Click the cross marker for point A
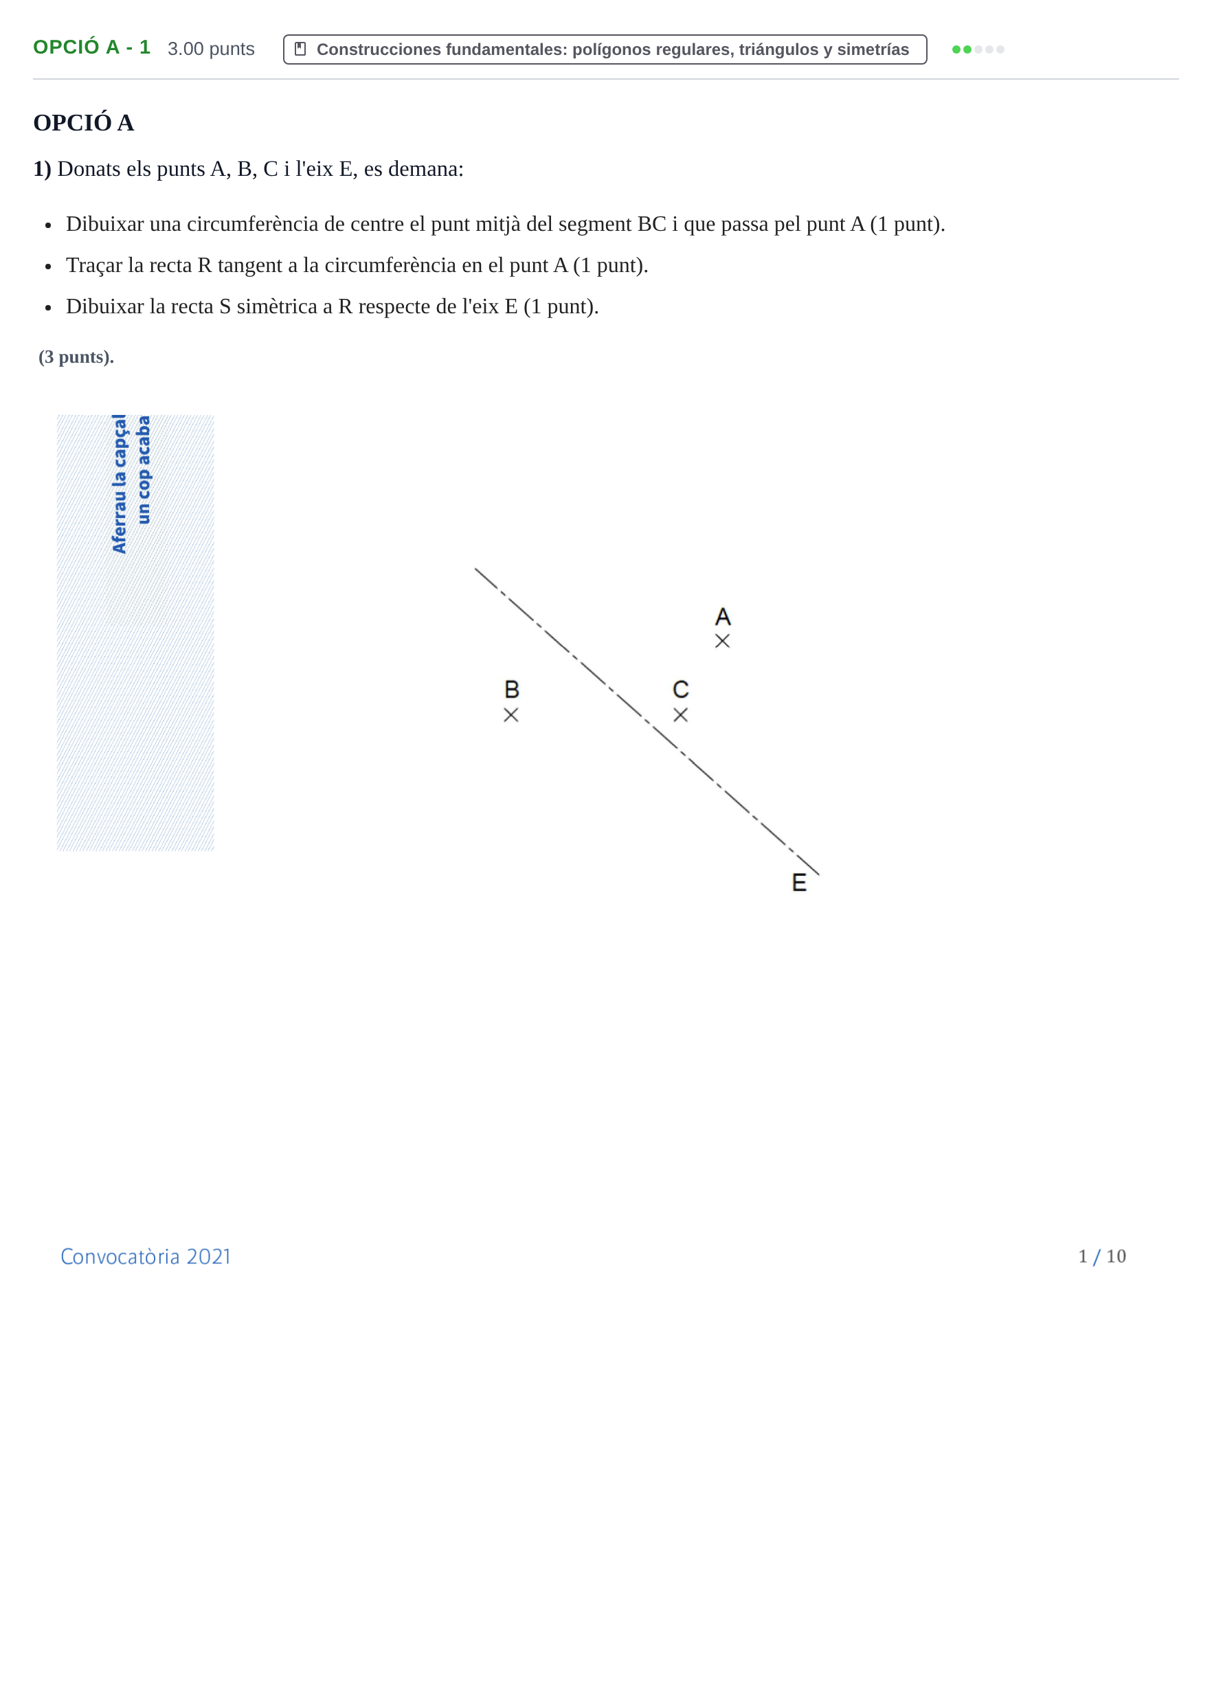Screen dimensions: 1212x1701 [722, 641]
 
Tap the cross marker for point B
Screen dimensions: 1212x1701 [510, 714]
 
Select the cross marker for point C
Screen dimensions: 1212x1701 [681, 714]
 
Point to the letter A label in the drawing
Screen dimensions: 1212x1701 [722, 616]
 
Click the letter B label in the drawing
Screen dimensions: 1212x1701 [512, 688]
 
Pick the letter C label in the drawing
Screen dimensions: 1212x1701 [681, 688]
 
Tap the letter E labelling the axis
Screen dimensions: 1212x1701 [799, 883]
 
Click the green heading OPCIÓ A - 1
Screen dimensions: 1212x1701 [92, 48]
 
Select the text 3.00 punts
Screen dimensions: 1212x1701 [211, 49]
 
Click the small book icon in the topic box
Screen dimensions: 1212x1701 [301, 49]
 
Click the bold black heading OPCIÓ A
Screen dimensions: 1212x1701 [84, 122]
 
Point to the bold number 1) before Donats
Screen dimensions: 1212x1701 [42, 170]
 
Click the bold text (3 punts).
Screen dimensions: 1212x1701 [76, 357]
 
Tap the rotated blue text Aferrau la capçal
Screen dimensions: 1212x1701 [119, 484]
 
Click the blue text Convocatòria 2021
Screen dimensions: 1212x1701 [146, 1257]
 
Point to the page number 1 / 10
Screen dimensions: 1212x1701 [1101, 1257]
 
